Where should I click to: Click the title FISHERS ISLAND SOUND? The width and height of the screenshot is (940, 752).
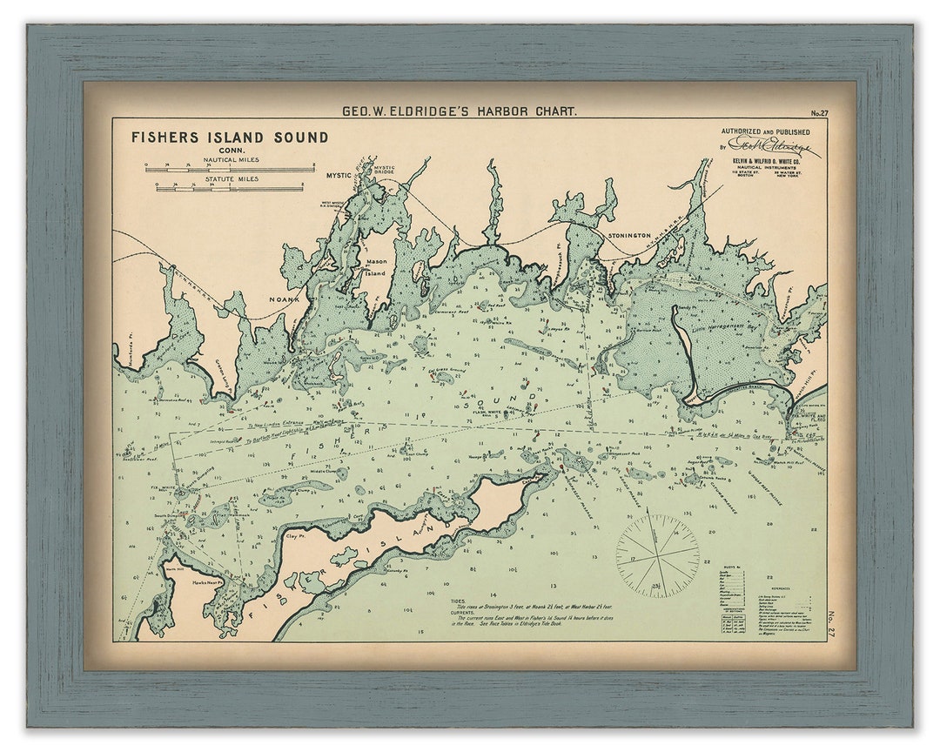click(230, 137)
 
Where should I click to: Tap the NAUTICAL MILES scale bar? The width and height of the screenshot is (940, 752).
click(230, 169)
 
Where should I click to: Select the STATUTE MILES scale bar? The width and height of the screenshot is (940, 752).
click(230, 187)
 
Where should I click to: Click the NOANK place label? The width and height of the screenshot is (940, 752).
click(284, 299)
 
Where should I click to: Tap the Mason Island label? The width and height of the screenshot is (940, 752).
click(376, 266)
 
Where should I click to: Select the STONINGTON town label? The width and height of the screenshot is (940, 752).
click(629, 236)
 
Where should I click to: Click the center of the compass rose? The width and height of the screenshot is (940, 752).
click(657, 555)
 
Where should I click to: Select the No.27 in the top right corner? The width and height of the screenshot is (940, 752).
click(818, 113)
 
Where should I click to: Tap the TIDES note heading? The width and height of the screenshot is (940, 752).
click(458, 601)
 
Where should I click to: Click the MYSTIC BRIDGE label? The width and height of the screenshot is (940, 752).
click(384, 170)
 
